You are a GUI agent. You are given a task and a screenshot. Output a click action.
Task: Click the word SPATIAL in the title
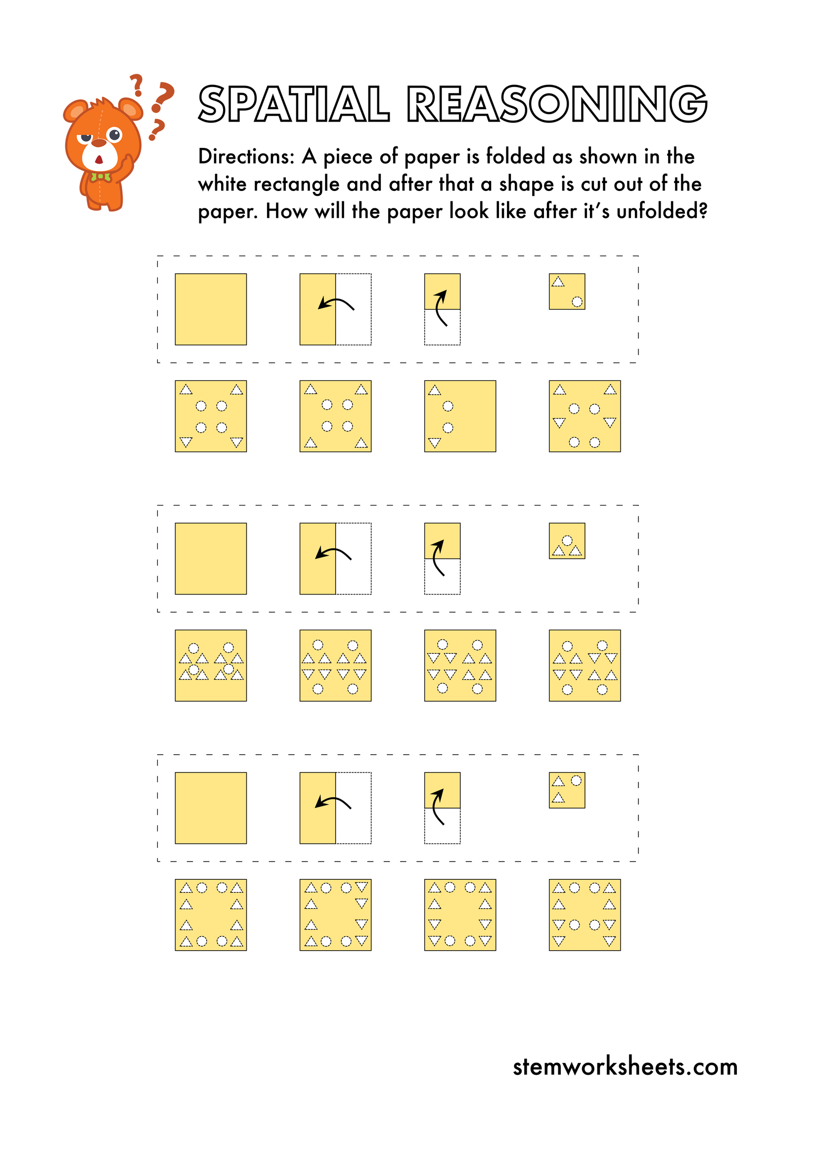click(x=294, y=104)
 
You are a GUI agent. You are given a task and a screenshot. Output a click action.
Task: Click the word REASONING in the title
click(x=556, y=104)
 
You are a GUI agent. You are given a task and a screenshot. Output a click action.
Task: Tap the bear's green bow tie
click(x=100, y=177)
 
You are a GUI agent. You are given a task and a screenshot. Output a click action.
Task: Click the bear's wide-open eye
click(x=115, y=135)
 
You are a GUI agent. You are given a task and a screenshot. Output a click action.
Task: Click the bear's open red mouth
click(x=99, y=160)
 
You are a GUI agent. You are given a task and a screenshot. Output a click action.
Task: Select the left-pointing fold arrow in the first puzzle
click(x=335, y=303)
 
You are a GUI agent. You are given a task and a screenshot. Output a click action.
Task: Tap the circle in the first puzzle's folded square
click(x=577, y=302)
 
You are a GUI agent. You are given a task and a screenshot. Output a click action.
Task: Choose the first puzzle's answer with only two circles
click(x=459, y=416)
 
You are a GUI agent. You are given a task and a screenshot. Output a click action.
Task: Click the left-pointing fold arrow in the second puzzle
click(x=333, y=553)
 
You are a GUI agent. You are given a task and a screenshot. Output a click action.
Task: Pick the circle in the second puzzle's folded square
click(x=567, y=541)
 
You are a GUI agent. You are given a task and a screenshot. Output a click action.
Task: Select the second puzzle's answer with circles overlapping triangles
click(x=211, y=665)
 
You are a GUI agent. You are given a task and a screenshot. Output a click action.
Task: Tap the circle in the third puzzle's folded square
click(x=577, y=781)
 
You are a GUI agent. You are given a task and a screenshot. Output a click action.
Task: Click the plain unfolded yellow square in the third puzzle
click(x=211, y=808)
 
